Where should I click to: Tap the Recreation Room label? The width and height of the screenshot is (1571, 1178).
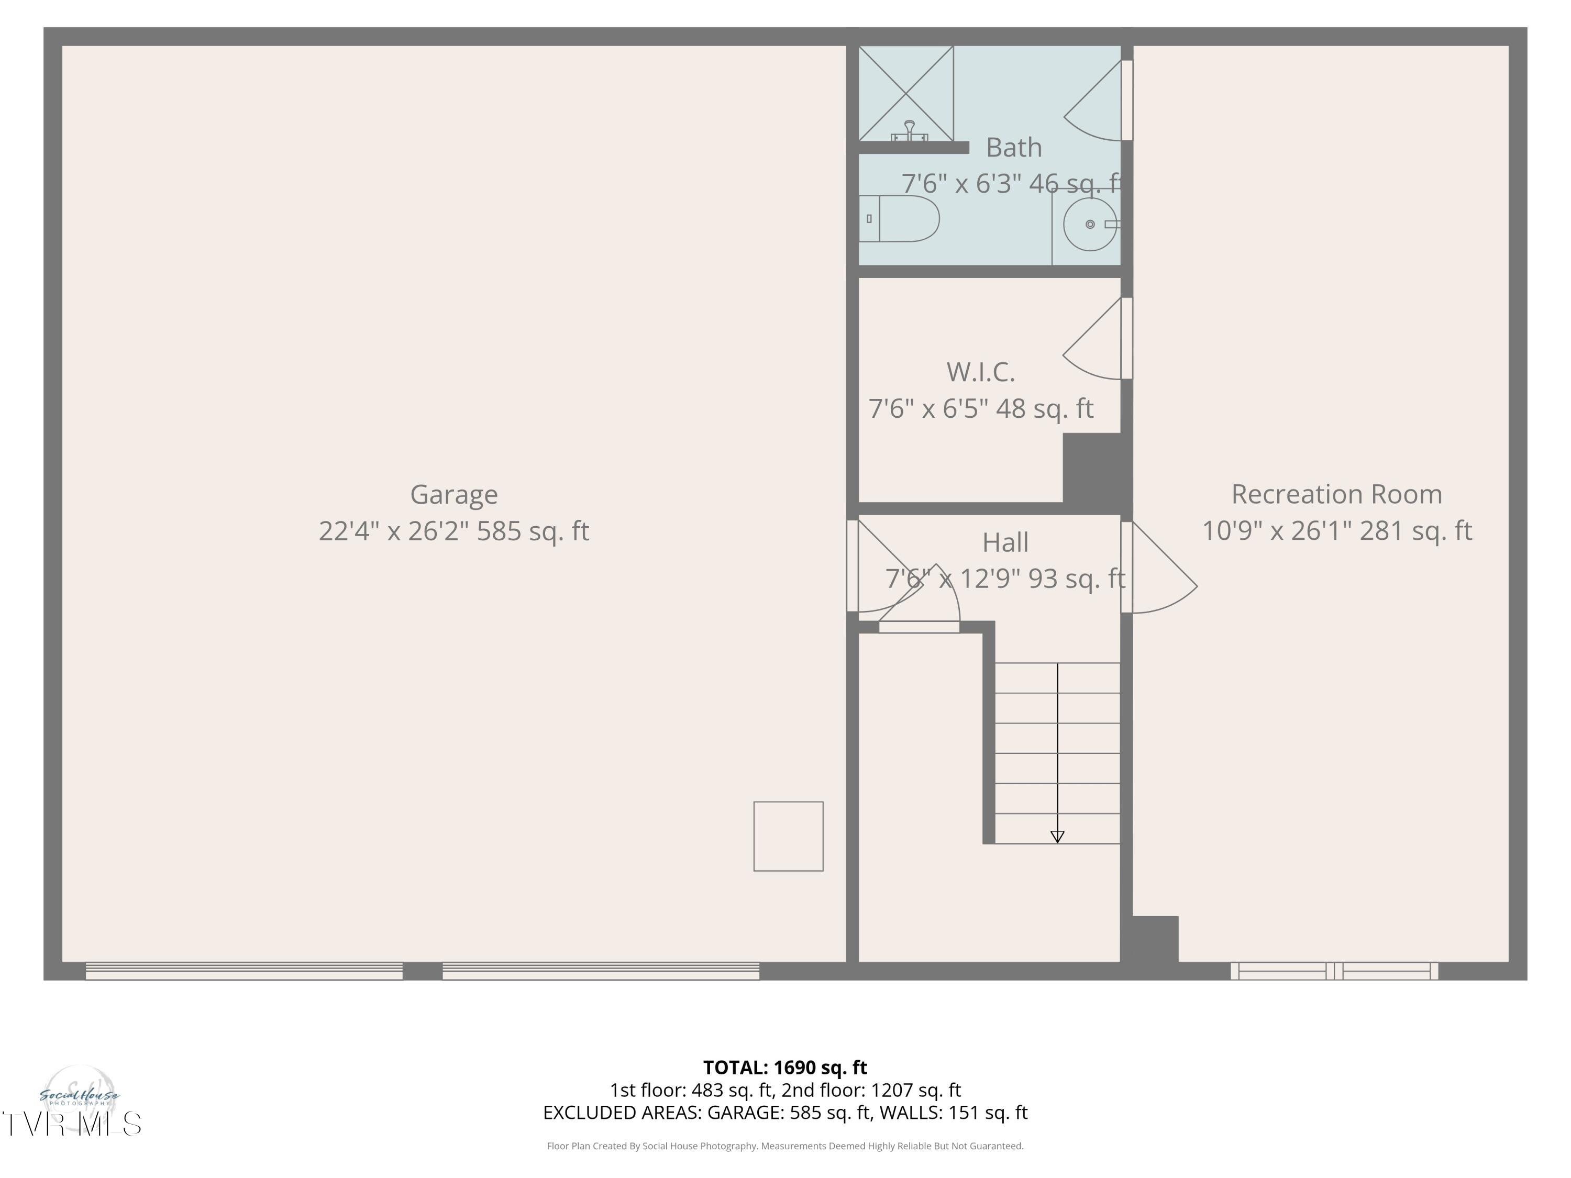(x=1336, y=494)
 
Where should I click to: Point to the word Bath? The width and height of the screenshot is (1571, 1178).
(x=1013, y=148)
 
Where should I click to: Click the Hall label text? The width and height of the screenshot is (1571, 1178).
(x=1005, y=542)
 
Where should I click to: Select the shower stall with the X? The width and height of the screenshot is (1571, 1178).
(x=905, y=92)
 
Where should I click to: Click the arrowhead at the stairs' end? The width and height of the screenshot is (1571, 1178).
(x=1057, y=837)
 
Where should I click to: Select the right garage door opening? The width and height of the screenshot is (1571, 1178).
(x=600, y=971)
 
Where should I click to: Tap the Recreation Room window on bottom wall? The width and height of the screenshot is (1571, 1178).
(x=1334, y=971)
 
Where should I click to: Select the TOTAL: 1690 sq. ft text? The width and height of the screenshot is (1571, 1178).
(x=785, y=1067)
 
